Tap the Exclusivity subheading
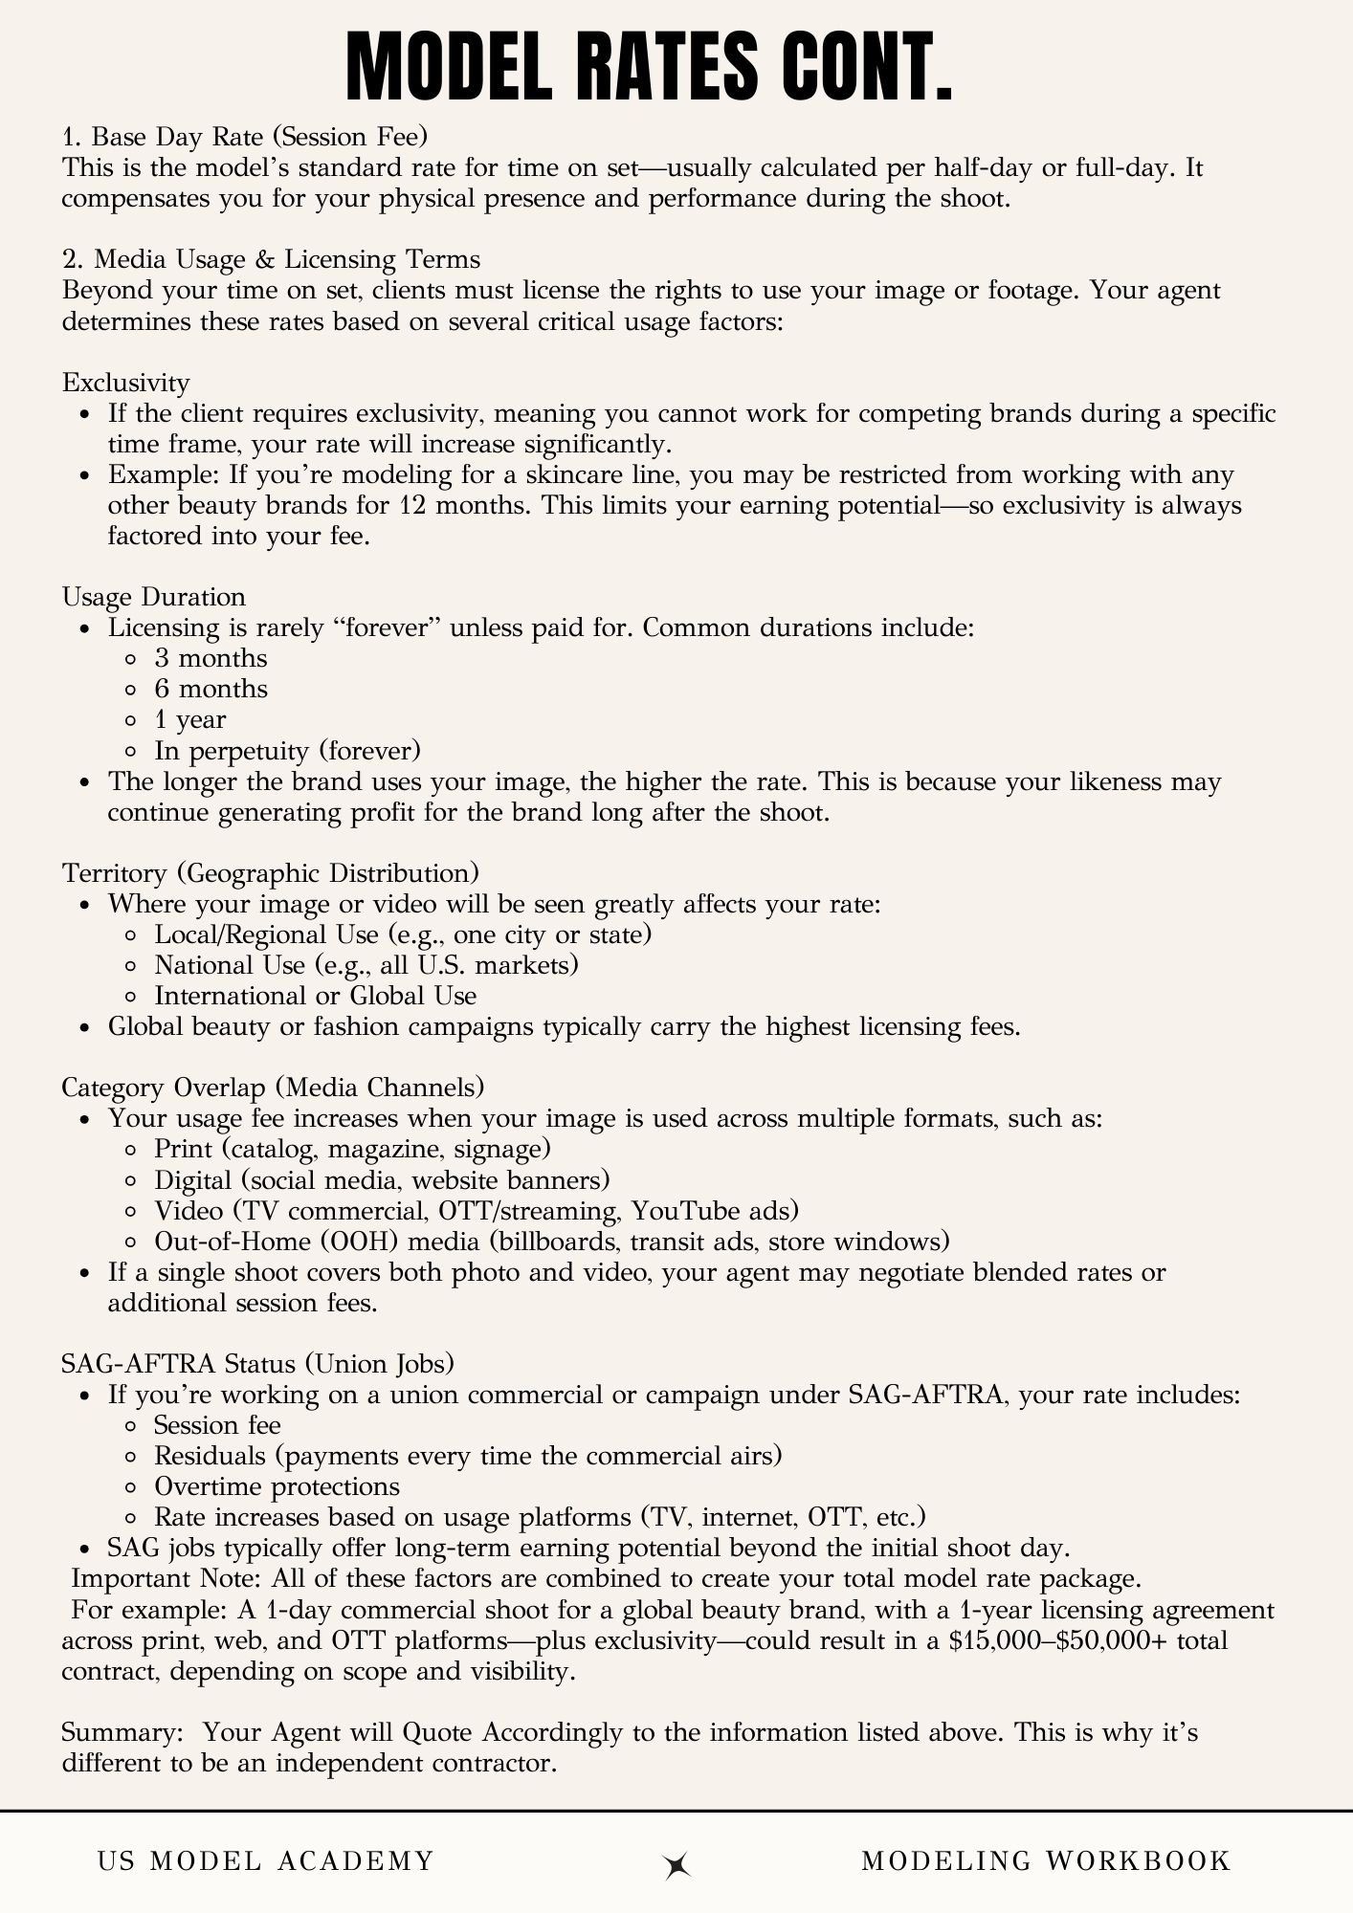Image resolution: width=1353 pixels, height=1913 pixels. pyautogui.click(x=125, y=383)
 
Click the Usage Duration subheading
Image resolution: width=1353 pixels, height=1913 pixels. pyautogui.click(x=153, y=597)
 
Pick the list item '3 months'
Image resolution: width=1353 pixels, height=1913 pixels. pyautogui.click(x=211, y=658)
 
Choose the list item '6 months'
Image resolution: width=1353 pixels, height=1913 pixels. pyautogui.click(x=211, y=689)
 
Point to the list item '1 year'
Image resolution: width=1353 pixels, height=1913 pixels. pyautogui.click(x=189, y=719)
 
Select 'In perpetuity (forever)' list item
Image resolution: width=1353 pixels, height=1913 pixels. pyautogui.click(x=287, y=750)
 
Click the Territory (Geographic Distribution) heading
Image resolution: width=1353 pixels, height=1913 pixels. pyautogui.click(x=270, y=872)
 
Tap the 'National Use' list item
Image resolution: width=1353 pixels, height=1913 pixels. pyautogui.click(x=366, y=964)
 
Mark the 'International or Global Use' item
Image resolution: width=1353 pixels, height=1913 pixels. pyautogui.click(x=315, y=995)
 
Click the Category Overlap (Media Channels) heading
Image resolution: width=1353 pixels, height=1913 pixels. pyautogui.click(x=273, y=1088)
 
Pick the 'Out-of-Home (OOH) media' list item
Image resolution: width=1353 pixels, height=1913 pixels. pyautogui.click(x=551, y=1241)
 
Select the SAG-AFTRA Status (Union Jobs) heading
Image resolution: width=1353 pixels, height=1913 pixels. pyautogui.click(x=257, y=1363)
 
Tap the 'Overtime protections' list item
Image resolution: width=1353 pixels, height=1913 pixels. pyautogui.click(x=277, y=1485)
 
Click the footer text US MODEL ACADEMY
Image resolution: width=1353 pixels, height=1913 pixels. pyautogui.click(x=266, y=1860)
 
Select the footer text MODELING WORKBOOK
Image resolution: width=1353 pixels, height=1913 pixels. pyautogui.click(x=1046, y=1860)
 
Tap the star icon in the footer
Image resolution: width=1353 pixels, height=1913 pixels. pyautogui.click(x=677, y=1864)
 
